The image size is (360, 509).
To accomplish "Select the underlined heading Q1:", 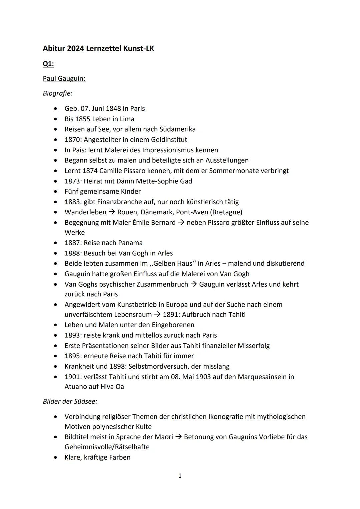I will click(48, 64).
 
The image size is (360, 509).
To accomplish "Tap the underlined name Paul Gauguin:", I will click(64, 79).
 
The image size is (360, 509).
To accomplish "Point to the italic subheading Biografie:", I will click(57, 93).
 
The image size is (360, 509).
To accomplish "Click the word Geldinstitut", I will click(169, 140).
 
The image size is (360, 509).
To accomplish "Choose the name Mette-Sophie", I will click(158, 181).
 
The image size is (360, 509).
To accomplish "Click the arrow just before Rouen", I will click(112, 212).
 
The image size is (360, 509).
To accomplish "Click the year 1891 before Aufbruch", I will click(170, 315).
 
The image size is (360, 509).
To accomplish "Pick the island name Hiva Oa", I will click(112, 387).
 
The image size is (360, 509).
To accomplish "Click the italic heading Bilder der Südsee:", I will click(70, 401).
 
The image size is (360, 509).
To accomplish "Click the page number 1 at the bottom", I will click(180, 476).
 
